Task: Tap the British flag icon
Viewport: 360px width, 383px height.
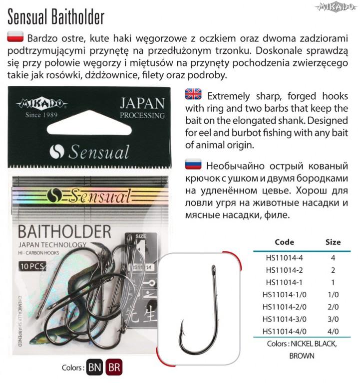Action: tap(193, 93)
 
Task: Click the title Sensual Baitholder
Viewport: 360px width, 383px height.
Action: tap(56, 16)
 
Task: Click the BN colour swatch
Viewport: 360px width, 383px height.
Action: tap(94, 368)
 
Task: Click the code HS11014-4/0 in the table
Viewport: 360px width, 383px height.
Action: tap(284, 332)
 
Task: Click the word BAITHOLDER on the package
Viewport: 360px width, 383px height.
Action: tap(64, 232)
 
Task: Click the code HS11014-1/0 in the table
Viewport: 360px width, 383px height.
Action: tap(284, 295)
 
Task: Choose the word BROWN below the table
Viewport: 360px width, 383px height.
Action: tap(302, 356)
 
